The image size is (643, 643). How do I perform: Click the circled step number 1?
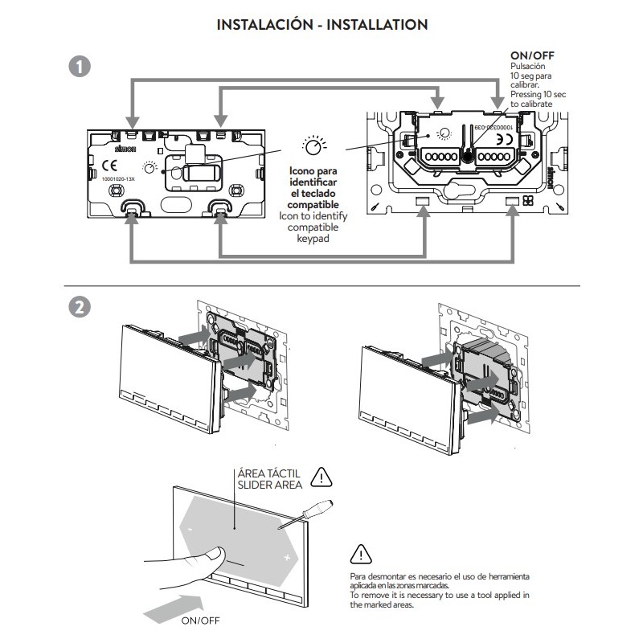[80, 68]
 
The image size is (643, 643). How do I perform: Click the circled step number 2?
[80, 309]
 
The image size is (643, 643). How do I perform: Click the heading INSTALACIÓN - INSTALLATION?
[321, 25]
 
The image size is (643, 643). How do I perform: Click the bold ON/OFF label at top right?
[531, 55]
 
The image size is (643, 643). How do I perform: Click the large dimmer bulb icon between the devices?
[314, 147]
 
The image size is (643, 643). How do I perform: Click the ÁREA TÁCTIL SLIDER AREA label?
[268, 479]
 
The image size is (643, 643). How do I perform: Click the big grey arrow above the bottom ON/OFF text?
[173, 604]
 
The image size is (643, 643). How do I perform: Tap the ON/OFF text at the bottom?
[199, 621]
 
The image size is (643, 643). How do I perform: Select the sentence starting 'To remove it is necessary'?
[440, 600]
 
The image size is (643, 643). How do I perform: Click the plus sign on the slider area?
[286, 556]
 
